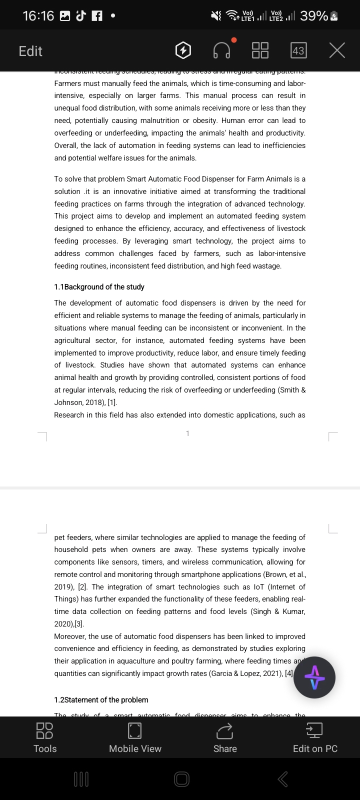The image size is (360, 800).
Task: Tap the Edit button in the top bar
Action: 30,51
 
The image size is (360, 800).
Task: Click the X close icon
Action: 337,50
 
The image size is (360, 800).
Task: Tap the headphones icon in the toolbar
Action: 222,50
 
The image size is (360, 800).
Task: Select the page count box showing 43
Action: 298,50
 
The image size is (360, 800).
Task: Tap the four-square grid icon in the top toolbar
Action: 260,50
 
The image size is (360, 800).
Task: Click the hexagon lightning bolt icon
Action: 183,50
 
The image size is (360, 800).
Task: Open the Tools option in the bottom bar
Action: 45,737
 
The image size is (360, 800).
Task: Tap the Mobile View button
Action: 135,737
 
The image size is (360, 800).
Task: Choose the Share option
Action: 225,737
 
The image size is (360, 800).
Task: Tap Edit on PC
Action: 315,737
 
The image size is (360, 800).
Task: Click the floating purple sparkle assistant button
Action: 314,677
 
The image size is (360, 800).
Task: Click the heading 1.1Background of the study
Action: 99,287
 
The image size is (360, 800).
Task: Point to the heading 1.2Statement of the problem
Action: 101,700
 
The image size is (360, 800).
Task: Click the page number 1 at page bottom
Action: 187,433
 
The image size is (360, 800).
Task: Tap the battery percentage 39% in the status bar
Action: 314,16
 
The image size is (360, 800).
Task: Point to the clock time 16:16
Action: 38,16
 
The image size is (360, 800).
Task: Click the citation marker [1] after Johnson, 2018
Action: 112,402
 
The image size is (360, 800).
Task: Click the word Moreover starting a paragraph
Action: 70,636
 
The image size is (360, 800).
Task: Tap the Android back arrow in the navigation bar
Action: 282,778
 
